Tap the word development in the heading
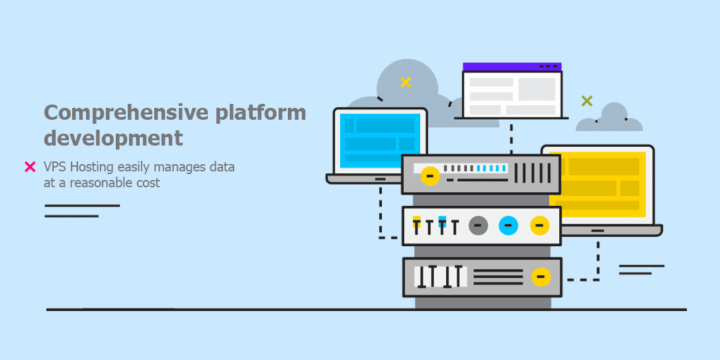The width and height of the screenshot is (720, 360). pos(113,138)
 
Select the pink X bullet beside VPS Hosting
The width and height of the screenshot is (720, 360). pos(30,167)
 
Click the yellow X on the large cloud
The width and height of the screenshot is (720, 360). pos(406,82)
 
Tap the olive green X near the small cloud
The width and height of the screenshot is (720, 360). pos(586,101)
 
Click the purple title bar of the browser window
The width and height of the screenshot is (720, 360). pos(512,66)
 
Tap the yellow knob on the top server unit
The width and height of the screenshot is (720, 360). pos(429,176)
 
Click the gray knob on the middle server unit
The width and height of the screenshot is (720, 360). pos(478,226)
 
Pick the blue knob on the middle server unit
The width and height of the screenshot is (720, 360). pos(508,226)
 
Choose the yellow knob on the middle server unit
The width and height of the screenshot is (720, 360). pos(539,226)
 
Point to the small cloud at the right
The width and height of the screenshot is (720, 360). pos(610,119)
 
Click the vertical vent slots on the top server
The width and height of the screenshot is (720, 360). pos(532,173)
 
